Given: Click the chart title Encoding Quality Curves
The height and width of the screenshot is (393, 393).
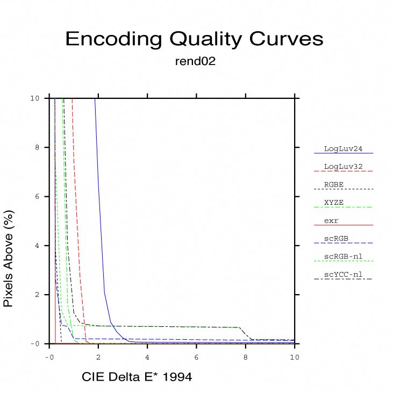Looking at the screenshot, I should (x=194, y=39).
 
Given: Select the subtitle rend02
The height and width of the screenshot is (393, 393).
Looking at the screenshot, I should (x=195, y=61).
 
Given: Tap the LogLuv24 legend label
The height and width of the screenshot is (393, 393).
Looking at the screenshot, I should (x=341, y=148).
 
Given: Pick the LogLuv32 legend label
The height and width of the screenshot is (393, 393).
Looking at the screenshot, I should (x=341, y=166).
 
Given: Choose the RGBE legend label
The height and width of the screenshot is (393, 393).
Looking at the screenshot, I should (x=334, y=184).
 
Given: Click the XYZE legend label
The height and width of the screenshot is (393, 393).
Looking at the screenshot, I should (x=334, y=203).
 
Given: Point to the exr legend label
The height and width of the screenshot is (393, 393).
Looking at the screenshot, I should (x=331, y=220).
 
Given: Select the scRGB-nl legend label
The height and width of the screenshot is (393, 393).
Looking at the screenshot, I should (x=343, y=256).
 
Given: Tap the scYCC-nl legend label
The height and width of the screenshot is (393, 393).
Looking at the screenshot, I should (x=343, y=275).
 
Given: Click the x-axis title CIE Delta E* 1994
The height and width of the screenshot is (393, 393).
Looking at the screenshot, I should (x=137, y=377).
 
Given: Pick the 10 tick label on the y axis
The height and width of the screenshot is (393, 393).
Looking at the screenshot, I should (x=35, y=98).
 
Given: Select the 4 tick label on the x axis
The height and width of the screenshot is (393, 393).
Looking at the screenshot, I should (x=147, y=356).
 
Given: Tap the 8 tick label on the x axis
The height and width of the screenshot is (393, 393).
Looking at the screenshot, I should (x=246, y=356).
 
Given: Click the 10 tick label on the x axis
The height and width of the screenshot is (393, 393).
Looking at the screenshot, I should (x=294, y=356).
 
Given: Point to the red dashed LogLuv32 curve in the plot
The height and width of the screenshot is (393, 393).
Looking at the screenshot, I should (x=78, y=242).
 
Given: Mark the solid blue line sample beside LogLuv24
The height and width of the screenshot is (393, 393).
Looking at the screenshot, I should (x=344, y=154).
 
